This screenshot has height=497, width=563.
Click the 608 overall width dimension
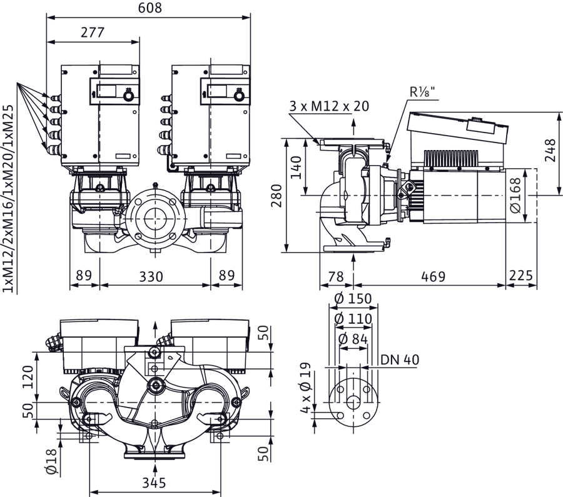[x=150, y=8]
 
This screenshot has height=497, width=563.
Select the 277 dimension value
[x=93, y=33]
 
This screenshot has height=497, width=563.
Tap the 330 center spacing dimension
[x=151, y=277]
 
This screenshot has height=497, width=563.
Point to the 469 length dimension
[x=433, y=277]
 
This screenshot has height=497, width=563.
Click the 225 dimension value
[x=521, y=275]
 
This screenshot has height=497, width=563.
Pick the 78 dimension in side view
[x=336, y=277]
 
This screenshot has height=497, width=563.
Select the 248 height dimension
[x=550, y=150]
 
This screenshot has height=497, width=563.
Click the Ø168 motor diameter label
[x=515, y=195]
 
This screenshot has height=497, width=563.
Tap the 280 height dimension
[x=276, y=196]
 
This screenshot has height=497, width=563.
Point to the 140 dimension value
[x=296, y=168]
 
